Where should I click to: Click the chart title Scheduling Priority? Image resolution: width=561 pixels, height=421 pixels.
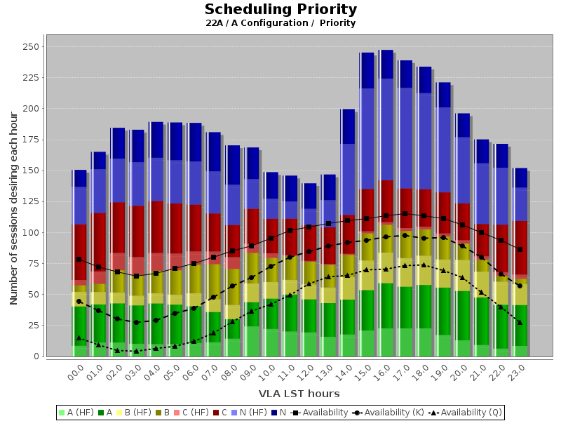tap(280, 10)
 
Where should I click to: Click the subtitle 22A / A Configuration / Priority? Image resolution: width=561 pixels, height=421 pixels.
tap(280, 23)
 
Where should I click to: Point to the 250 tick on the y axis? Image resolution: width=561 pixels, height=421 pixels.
tap(32, 47)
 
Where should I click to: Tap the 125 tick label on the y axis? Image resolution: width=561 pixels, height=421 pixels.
tap(32, 201)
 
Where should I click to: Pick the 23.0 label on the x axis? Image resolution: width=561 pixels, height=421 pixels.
tap(515, 371)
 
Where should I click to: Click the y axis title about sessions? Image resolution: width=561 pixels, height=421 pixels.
tap(14, 201)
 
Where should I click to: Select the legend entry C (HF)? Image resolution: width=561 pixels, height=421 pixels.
tap(188, 412)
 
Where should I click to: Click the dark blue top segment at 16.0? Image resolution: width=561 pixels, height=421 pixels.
tap(386, 64)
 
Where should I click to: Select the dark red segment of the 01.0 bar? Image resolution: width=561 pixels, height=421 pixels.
tap(98, 239)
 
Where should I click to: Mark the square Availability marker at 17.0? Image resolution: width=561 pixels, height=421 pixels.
tap(404, 213)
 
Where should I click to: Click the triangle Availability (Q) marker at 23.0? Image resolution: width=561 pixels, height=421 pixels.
tap(520, 322)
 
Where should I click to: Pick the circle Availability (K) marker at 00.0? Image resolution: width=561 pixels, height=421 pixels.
tap(79, 302)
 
